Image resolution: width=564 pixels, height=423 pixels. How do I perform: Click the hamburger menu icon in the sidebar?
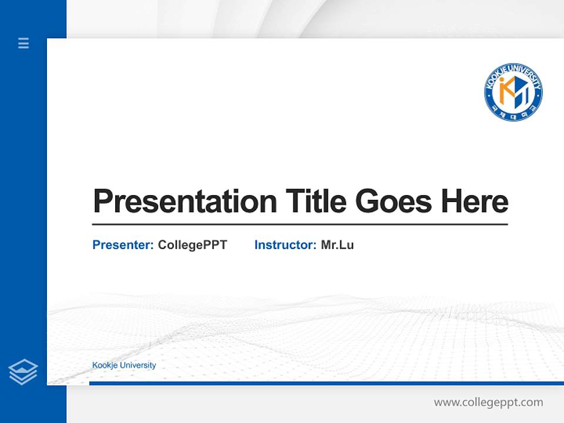23,43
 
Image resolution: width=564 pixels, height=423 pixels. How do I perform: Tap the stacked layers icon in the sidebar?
23,372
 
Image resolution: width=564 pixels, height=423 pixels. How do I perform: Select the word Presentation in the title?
184,202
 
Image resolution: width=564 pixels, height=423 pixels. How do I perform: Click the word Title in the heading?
316,201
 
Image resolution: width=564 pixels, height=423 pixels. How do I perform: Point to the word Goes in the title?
394,201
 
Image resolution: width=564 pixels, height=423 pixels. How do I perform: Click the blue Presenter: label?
123,245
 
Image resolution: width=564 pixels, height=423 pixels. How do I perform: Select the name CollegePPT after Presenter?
192,245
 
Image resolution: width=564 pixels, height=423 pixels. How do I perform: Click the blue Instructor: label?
285,245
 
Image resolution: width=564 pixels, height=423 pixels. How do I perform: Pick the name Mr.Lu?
337,245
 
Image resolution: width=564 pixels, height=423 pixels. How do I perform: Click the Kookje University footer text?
124,365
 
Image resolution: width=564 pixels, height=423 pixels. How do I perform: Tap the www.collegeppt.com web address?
488,402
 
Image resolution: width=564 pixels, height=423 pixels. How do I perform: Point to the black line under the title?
300,224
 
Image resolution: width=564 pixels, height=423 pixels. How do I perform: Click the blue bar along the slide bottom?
326,383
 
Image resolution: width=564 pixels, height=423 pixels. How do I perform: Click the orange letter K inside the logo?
505,89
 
